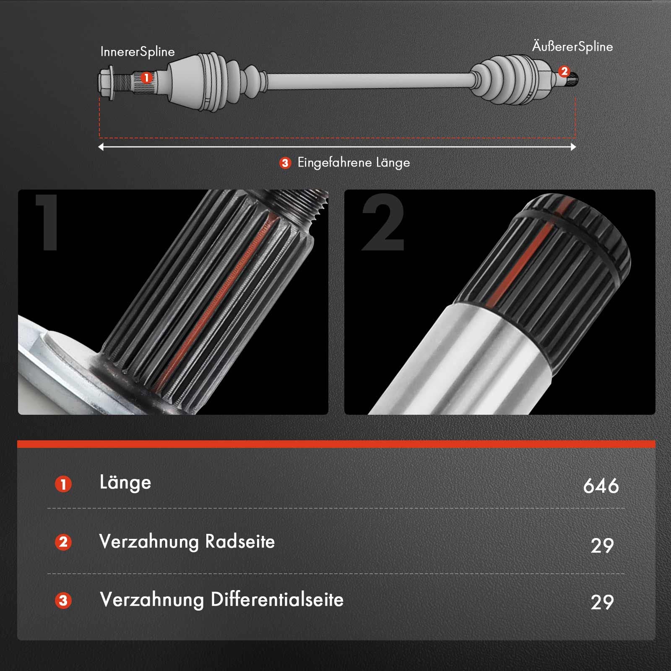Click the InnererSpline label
click(x=138, y=52)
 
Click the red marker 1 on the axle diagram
click(x=146, y=78)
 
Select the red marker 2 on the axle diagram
click(x=564, y=71)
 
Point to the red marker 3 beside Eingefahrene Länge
click(x=285, y=163)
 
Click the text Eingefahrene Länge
click(x=354, y=163)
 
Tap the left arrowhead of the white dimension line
click(x=101, y=147)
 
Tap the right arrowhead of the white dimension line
click(x=573, y=147)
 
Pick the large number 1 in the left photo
click(x=48, y=222)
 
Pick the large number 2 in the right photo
click(x=383, y=222)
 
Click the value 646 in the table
click(x=601, y=486)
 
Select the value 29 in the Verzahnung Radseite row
click(x=602, y=545)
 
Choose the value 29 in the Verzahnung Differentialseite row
click(x=602, y=602)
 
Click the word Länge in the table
click(x=125, y=483)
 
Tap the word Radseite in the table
click(x=240, y=541)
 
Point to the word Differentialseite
click(x=277, y=599)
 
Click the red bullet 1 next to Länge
click(x=63, y=484)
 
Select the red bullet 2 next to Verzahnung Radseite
click(x=63, y=542)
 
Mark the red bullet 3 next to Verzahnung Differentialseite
click(x=63, y=601)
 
